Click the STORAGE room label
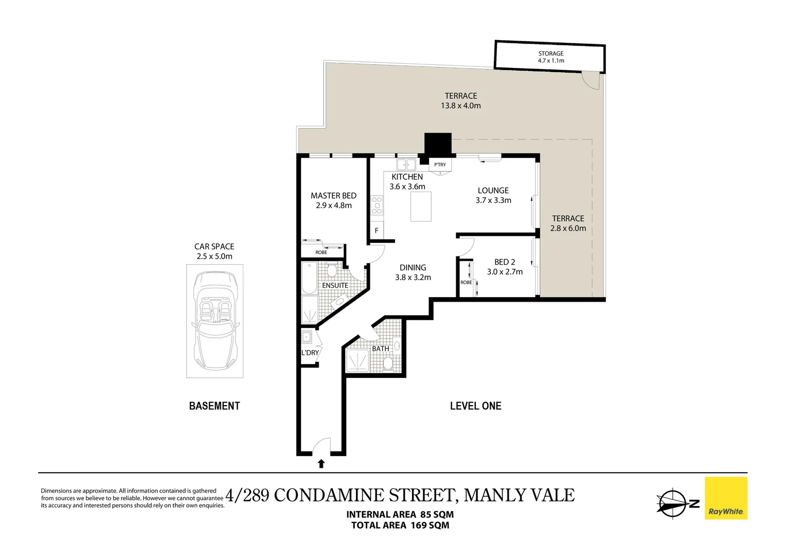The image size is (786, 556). click(550, 54)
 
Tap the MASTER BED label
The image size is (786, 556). click(333, 196)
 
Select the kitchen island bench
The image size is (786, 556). click(421, 206)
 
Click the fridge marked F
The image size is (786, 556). click(377, 231)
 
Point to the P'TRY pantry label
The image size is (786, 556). click(440, 165)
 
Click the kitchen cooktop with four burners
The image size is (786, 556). click(377, 205)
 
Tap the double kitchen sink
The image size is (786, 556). click(406, 165)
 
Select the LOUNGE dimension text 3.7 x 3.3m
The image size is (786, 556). click(493, 200)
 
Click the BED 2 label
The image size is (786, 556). click(504, 262)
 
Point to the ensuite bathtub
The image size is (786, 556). click(310, 277)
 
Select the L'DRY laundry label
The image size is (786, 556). click(310, 353)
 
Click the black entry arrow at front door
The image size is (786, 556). click(321, 464)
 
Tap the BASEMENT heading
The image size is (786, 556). click(215, 406)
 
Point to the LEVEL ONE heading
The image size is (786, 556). click(475, 406)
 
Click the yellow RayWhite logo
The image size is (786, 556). click(726, 498)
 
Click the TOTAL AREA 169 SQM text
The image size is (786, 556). click(400, 526)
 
